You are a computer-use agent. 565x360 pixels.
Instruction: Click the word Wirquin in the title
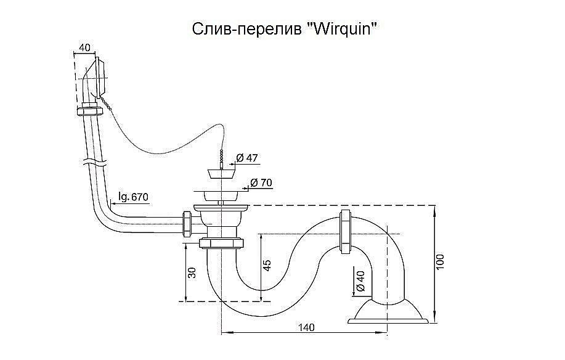pyautogui.click(x=341, y=30)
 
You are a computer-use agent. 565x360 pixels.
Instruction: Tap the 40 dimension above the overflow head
pyautogui.click(x=84, y=47)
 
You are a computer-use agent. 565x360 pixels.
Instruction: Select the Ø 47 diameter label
pyautogui.click(x=247, y=158)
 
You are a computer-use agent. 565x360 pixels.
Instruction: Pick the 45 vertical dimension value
pyautogui.click(x=266, y=264)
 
